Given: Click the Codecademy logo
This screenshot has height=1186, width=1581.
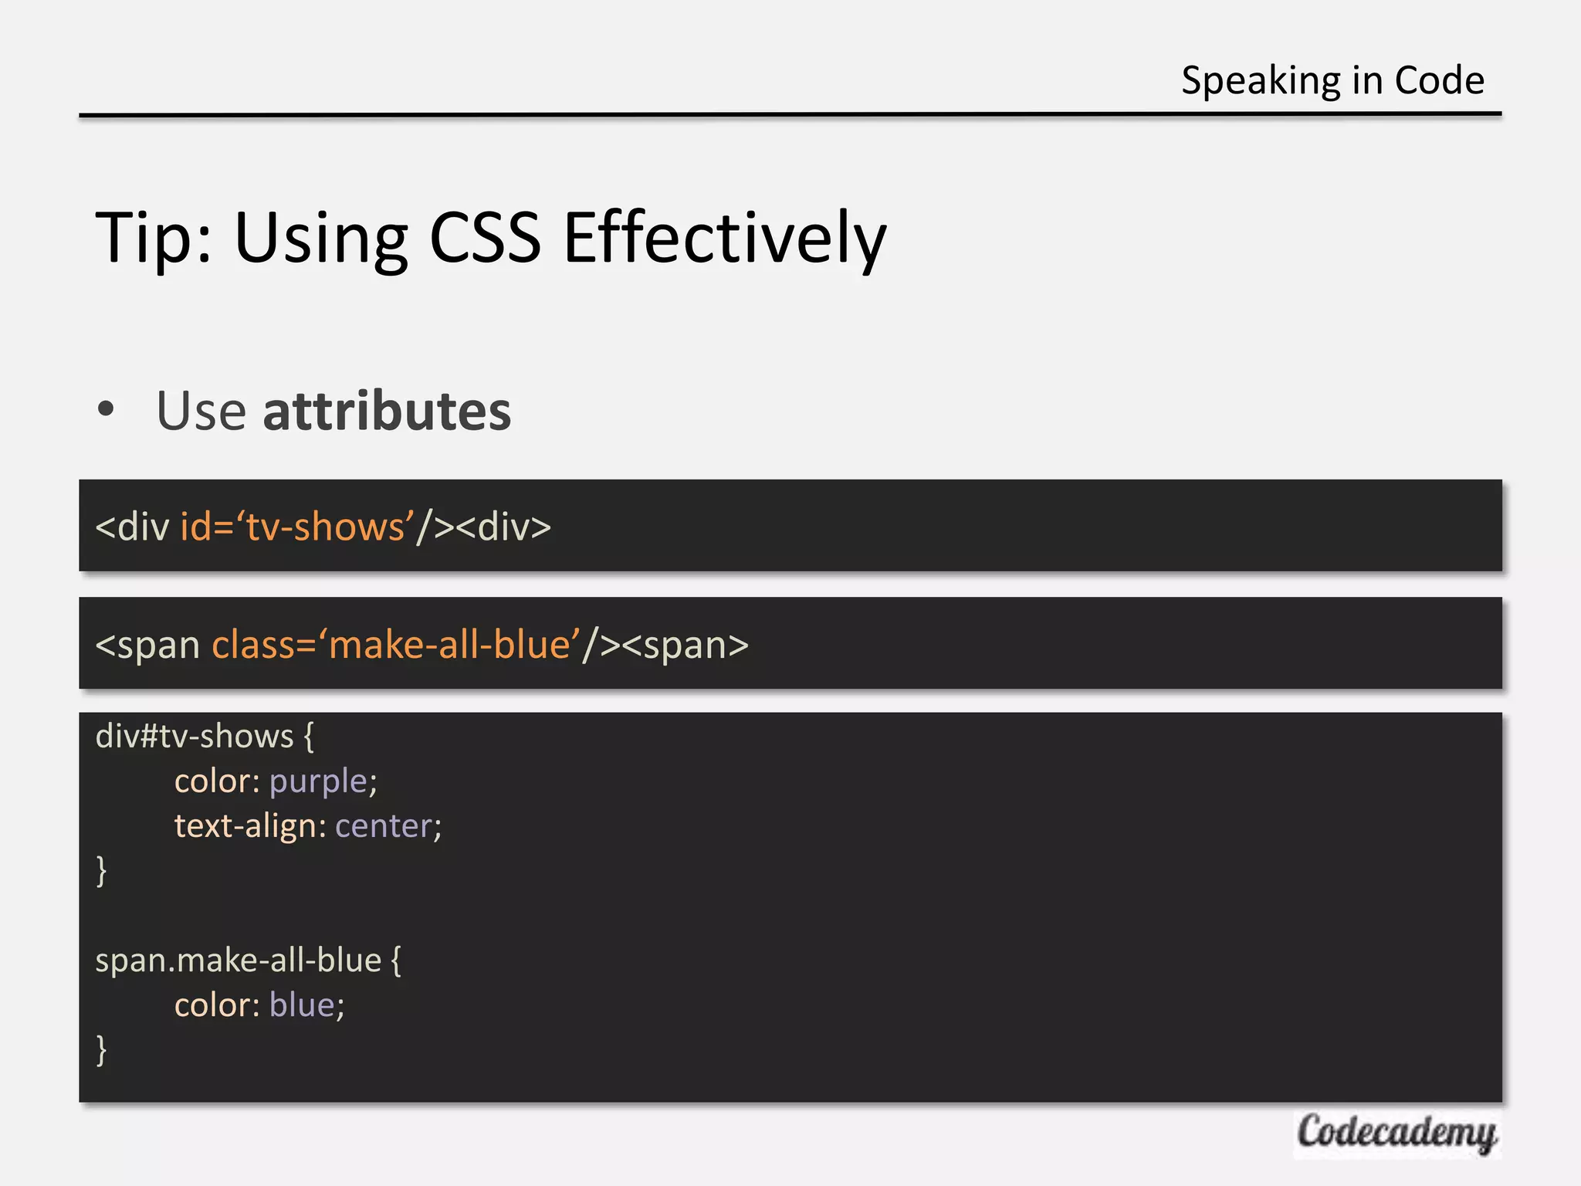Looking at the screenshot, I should point(1396,1133).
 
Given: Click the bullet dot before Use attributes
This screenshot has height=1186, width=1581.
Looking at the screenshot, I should point(106,409).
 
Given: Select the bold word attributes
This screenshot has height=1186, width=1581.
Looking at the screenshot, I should point(387,411).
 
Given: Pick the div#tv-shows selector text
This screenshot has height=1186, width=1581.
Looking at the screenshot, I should point(194,737).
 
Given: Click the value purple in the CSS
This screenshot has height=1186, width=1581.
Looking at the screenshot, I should point(318,781).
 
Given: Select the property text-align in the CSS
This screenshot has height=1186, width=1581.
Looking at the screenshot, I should point(245,826).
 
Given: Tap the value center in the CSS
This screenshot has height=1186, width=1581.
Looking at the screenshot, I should point(383,826).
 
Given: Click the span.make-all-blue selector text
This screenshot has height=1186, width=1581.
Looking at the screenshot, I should point(238,961).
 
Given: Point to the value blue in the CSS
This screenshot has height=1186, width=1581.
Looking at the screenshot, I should point(302,1005).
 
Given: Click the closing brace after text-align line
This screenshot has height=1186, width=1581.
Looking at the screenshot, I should point(101,871).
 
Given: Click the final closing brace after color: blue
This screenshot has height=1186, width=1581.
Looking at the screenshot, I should point(101,1050).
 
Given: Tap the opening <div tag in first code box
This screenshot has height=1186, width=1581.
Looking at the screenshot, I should point(132,527).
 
